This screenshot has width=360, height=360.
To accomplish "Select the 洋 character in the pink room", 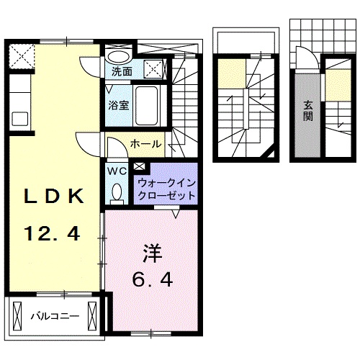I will click(x=151, y=253).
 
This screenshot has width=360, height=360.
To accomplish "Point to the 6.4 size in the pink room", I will click(x=151, y=279).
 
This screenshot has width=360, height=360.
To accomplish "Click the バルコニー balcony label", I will click(x=55, y=315).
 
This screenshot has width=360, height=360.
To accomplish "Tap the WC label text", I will click(x=117, y=172).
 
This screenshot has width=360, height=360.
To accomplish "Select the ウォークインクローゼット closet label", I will click(x=165, y=189).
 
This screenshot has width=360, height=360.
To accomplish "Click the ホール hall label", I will click(x=145, y=145).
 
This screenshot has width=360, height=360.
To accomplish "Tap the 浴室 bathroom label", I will click(x=119, y=104).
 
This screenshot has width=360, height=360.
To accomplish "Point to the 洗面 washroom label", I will click(x=121, y=71).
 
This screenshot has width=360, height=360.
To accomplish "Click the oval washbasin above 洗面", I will click(x=119, y=56).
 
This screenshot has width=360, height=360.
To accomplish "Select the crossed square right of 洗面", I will click(x=153, y=70).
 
